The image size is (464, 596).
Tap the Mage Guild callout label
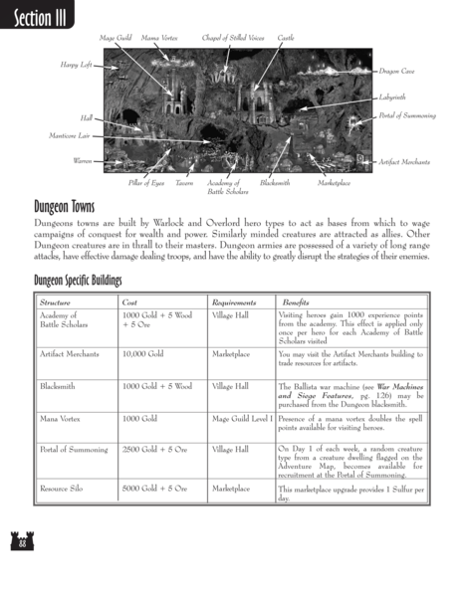pyautogui.click(x=115, y=37)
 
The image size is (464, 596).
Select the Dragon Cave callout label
pyautogui.click(x=397, y=72)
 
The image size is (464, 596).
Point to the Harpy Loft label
pyautogui.click(x=75, y=65)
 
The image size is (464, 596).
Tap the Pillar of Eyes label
pyautogui.click(x=146, y=183)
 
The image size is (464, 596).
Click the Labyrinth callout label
pyautogui.click(x=392, y=98)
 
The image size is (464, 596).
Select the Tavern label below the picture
pyautogui.click(x=184, y=183)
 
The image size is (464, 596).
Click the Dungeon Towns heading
pyautogui.click(x=73, y=208)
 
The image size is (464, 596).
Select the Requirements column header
pyautogui.click(x=235, y=301)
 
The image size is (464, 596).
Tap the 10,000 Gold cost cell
pyautogui.click(x=141, y=353)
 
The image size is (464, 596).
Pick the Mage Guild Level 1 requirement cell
pyautogui.click(x=242, y=419)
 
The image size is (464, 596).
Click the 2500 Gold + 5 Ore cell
pyautogui.click(x=155, y=450)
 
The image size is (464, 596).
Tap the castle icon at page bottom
pyautogui.click(x=20, y=570)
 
